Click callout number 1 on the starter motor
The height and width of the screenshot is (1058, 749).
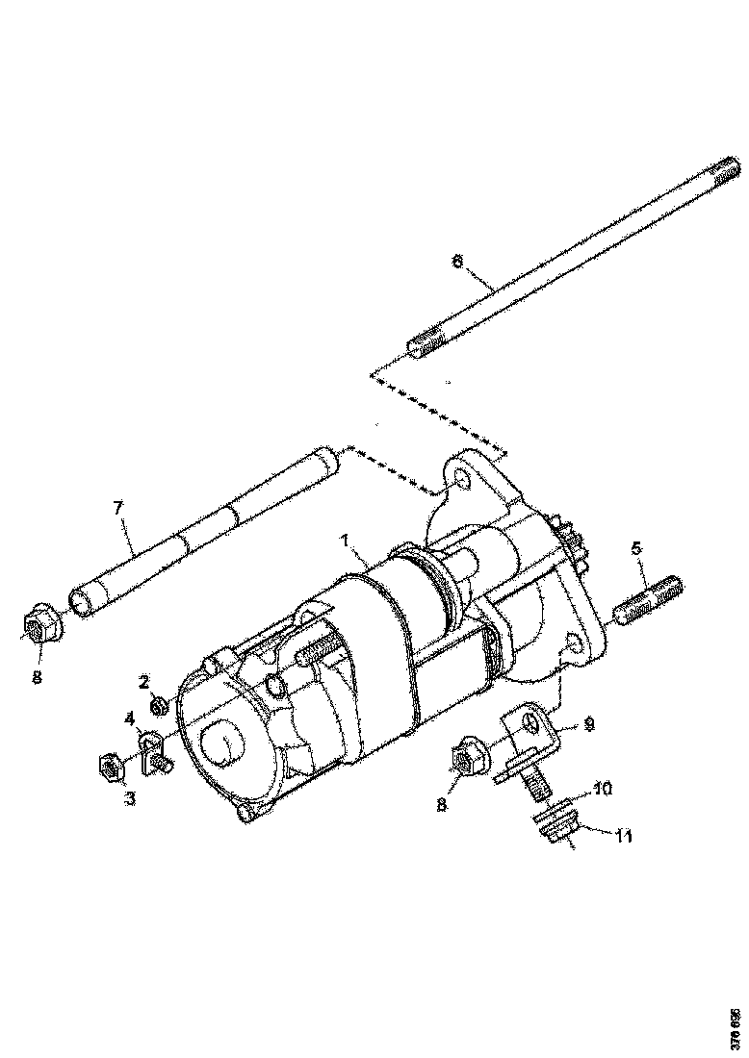tap(344, 542)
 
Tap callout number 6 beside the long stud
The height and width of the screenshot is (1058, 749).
tap(457, 261)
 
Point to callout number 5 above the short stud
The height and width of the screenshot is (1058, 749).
tap(636, 548)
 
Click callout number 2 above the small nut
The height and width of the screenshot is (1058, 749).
tap(144, 682)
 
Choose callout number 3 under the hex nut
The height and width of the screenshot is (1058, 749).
tap(129, 798)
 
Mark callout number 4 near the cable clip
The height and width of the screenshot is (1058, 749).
tap(129, 718)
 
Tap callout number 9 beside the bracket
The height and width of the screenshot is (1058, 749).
tap(589, 723)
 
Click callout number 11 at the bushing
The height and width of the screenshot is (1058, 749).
tap(623, 837)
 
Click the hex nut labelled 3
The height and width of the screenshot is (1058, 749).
tap(110, 768)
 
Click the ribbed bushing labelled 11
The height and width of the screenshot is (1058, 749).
tap(554, 827)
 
